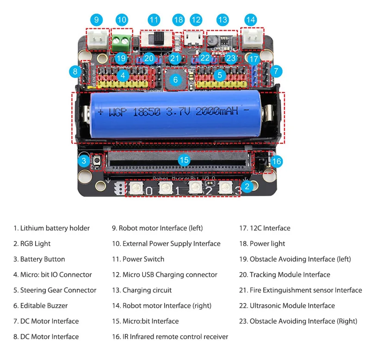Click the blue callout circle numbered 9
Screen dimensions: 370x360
click(96, 20)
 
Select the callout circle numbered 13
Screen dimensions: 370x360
click(222, 20)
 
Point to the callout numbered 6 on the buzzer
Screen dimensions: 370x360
click(175, 80)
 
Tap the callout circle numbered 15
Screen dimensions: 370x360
click(184, 160)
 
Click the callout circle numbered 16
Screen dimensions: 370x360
click(276, 161)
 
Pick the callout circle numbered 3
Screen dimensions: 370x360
click(84, 161)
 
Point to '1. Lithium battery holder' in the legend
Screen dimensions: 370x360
click(51, 228)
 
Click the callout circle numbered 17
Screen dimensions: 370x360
click(253, 59)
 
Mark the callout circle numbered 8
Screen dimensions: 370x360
click(75, 71)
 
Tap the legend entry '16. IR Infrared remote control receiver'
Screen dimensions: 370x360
click(170, 336)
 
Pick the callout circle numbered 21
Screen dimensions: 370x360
click(174, 58)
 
